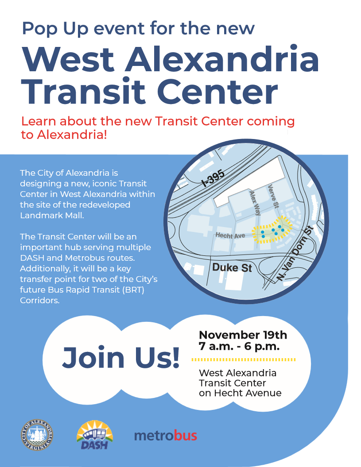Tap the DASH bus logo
[x=94, y=436]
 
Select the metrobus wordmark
[x=165, y=436]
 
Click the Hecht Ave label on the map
[x=230, y=235]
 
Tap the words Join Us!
[x=121, y=358]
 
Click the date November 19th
[x=243, y=334]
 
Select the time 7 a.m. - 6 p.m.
[x=239, y=347]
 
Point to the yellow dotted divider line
[x=246, y=359]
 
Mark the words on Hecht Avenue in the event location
[x=240, y=393]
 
